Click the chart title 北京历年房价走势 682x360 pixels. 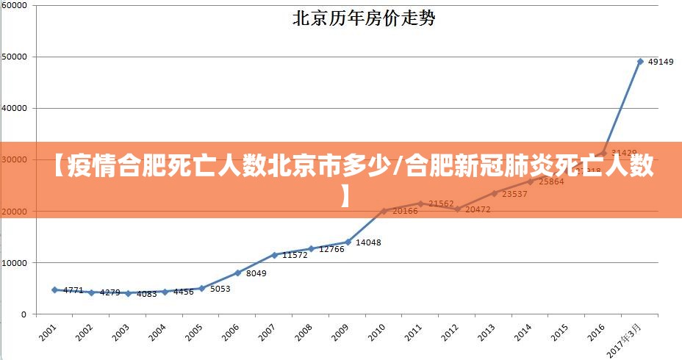pyautogui.click(x=365, y=18)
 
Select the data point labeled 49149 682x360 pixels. pyautogui.click(x=640, y=62)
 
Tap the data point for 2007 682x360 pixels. pyautogui.click(x=274, y=255)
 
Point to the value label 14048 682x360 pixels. pyautogui.click(x=368, y=242)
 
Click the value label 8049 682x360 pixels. pyautogui.click(x=256, y=273)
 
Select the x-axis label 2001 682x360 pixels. pyautogui.click(x=47, y=333)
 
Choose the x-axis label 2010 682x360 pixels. pyautogui.click(x=376, y=333)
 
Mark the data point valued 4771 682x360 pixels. pyautogui.click(x=54, y=290)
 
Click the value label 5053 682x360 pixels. pyautogui.click(x=220, y=289)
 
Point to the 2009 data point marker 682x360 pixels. pyautogui.click(x=348, y=242)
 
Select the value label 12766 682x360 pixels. pyautogui.click(x=331, y=250)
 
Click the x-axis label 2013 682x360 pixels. pyautogui.click(x=486, y=333)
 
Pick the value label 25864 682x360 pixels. pyautogui.click(x=551, y=181)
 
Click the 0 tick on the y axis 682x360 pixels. pyautogui.click(x=24, y=314)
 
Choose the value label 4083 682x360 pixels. pyautogui.click(x=147, y=294)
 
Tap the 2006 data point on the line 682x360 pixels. pyautogui.click(x=237, y=273)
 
